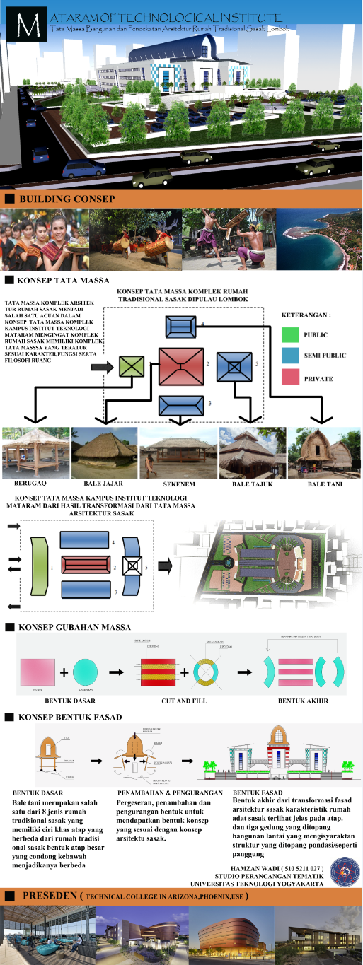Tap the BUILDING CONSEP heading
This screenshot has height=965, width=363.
pyautogui.click(x=67, y=199)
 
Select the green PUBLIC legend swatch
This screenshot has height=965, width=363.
pyautogui.click(x=291, y=334)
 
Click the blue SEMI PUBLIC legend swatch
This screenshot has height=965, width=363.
pyautogui.click(x=291, y=356)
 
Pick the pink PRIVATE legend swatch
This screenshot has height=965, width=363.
pyautogui.click(x=291, y=378)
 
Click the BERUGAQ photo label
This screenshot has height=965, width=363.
pyautogui.click(x=30, y=484)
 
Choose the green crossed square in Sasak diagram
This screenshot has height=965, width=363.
pyautogui.click(x=131, y=366)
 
